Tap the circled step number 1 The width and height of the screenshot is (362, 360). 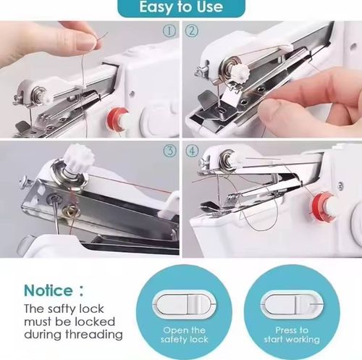(x=168, y=31)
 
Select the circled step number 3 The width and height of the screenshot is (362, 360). (x=169, y=151)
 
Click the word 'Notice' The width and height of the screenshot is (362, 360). (x=48, y=290)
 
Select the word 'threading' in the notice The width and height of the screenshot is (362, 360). (x=93, y=335)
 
